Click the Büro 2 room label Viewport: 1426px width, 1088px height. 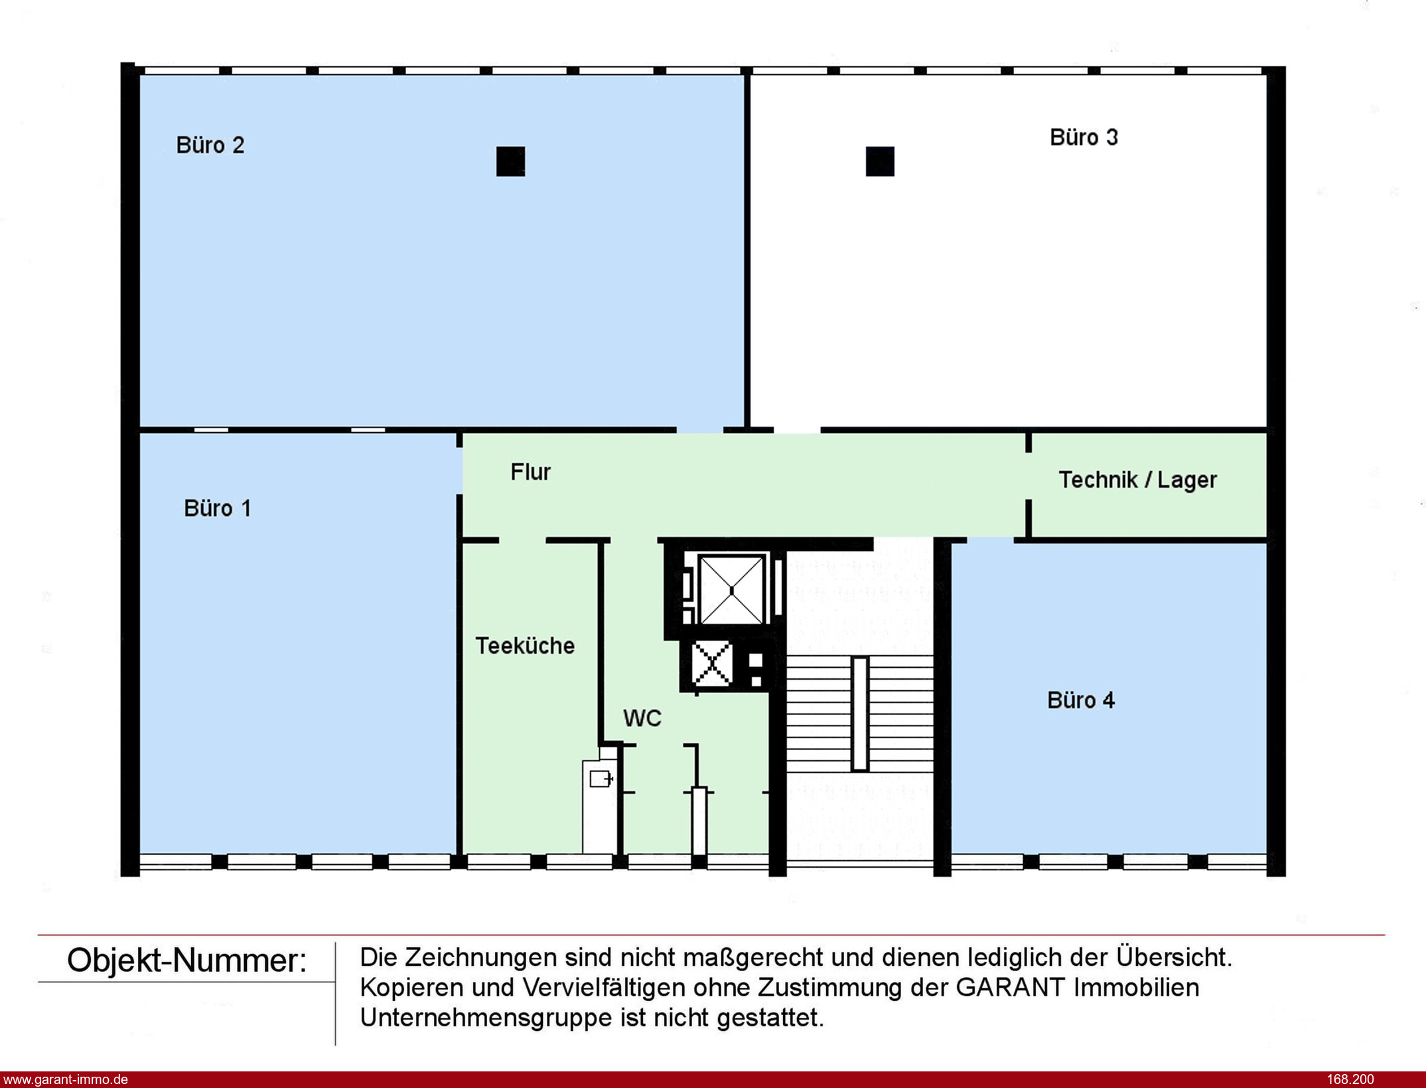coord(210,145)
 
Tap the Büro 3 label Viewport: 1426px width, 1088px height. coord(1084,137)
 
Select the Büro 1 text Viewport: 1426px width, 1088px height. coord(218,508)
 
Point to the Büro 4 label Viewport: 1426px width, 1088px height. coord(1081,700)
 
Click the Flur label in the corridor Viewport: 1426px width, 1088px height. coord(530,472)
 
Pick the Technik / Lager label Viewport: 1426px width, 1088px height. coord(1137,480)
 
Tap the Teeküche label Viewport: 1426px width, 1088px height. coord(525,646)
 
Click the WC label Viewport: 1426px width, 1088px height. coord(642,718)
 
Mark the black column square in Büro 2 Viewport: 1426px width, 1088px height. coord(510,161)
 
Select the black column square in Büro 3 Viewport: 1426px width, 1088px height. coord(880,161)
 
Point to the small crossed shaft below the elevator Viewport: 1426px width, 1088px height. coord(711,663)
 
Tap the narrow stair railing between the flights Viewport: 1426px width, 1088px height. coord(860,714)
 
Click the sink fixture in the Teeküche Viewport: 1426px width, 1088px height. coord(600,778)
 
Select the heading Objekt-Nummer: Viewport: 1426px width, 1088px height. coord(187,961)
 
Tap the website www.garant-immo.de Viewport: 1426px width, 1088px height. coord(65,1079)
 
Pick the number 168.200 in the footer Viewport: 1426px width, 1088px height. coord(1350,1079)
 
